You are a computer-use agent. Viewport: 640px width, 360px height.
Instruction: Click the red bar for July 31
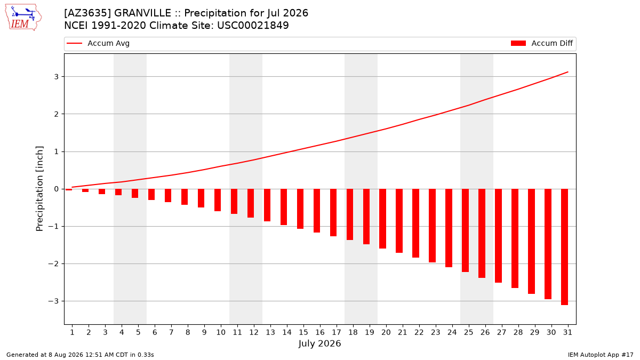564,247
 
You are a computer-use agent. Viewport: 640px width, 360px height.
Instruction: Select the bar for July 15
300,209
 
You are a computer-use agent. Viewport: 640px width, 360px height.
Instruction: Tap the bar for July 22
415,223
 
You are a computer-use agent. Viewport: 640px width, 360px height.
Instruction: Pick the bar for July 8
185,197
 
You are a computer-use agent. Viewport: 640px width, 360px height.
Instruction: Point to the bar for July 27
498,236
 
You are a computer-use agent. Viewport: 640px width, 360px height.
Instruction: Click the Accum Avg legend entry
98,43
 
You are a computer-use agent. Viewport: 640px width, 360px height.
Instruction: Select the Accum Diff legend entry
542,43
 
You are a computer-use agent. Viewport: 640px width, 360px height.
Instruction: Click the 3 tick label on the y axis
56,77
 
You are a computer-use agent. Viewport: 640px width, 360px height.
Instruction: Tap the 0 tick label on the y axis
56,189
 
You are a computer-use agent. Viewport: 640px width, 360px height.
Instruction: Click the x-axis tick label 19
370,332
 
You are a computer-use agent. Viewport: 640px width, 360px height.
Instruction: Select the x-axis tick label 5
138,332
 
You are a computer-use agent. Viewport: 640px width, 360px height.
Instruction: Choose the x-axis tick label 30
551,332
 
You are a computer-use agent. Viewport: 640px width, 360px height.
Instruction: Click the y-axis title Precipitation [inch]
39,189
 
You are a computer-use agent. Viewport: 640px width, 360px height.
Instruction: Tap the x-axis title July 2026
319,343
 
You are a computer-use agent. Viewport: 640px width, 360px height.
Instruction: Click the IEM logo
23,18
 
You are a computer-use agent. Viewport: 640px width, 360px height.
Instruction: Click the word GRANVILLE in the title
142,13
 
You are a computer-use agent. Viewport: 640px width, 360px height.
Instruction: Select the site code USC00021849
253,26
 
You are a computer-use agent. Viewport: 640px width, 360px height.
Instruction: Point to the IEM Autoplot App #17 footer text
601,355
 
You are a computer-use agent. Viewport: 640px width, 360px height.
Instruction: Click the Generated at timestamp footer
80,355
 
